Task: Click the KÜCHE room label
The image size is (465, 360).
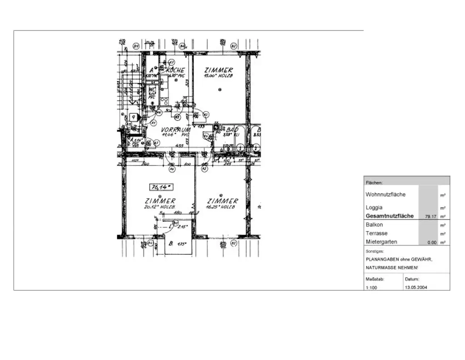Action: (175, 70)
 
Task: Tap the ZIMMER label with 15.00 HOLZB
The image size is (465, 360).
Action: (218, 70)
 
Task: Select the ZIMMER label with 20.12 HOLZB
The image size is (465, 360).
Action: (160, 201)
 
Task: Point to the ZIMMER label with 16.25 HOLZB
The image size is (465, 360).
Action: (222, 201)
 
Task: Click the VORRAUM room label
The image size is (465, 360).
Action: (175, 130)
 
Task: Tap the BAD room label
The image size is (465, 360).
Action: (233, 130)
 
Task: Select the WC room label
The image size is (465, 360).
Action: (152, 90)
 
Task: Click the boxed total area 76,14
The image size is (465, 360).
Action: (161, 186)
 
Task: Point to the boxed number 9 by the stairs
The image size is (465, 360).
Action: (133, 117)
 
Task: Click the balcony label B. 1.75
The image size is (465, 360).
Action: (177, 244)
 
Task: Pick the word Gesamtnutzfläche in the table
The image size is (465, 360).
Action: (390, 216)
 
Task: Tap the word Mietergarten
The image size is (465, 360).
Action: (381, 242)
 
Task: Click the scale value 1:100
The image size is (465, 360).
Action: (371, 288)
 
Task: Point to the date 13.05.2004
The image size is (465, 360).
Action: (416, 288)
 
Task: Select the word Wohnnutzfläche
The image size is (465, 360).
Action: (386, 195)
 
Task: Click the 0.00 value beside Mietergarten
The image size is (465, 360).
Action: (431, 243)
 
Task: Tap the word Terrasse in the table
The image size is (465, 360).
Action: (376, 234)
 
